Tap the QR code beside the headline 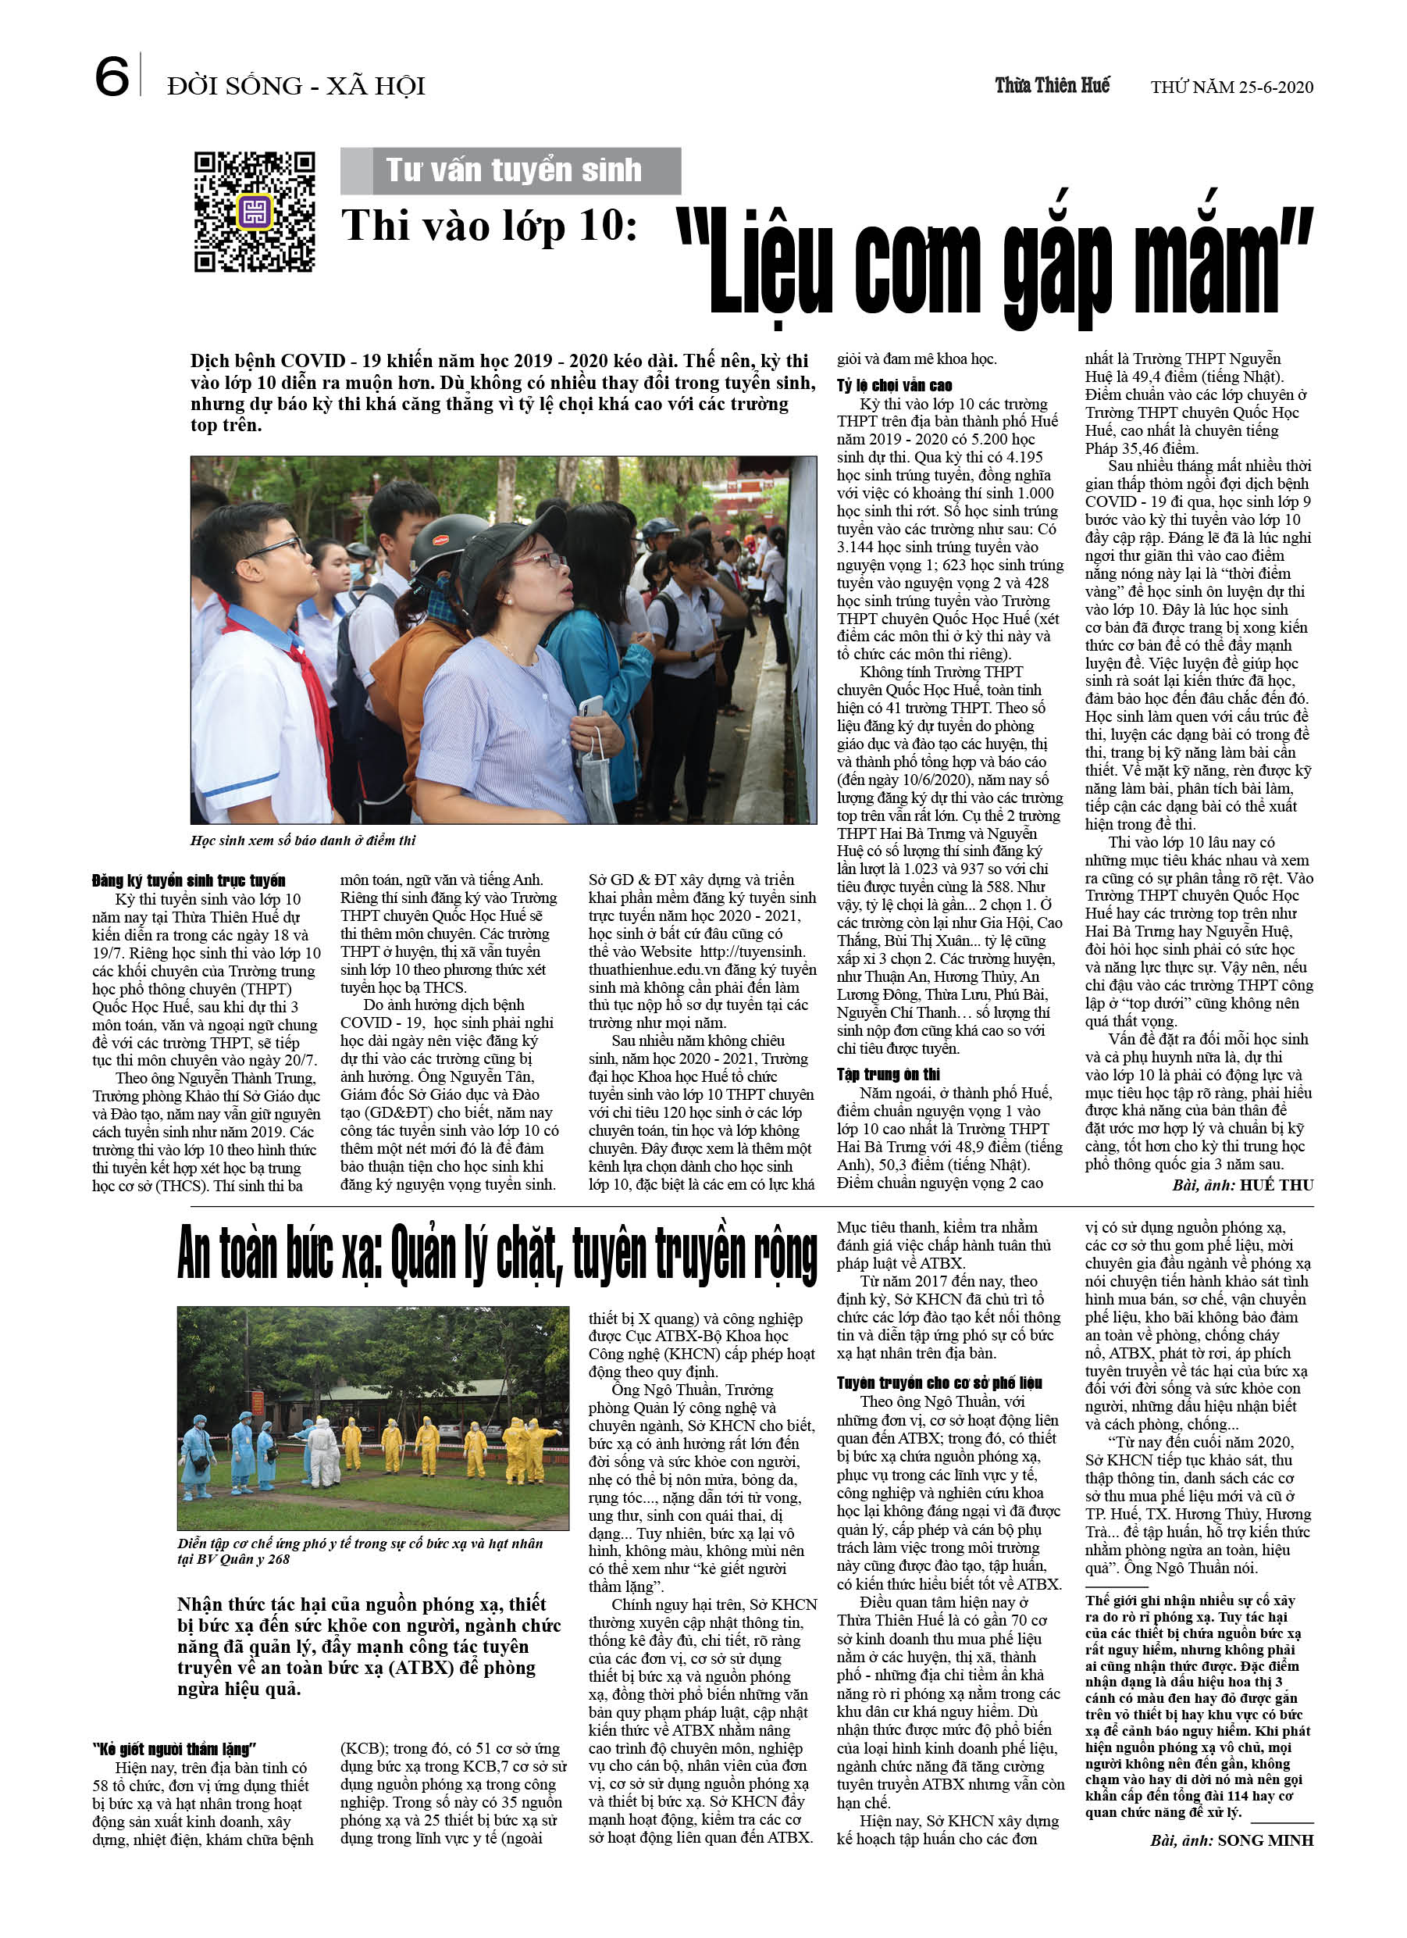click(x=254, y=212)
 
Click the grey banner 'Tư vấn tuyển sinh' click(x=511, y=171)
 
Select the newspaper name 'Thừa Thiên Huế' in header click(x=1052, y=85)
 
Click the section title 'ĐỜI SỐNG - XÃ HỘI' click(x=296, y=86)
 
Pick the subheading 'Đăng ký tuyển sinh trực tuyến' click(x=189, y=881)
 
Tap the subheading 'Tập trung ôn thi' click(x=888, y=1074)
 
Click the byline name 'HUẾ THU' click(x=1277, y=1185)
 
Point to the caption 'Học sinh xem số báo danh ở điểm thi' click(x=303, y=841)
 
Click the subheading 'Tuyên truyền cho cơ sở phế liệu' click(x=939, y=1383)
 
